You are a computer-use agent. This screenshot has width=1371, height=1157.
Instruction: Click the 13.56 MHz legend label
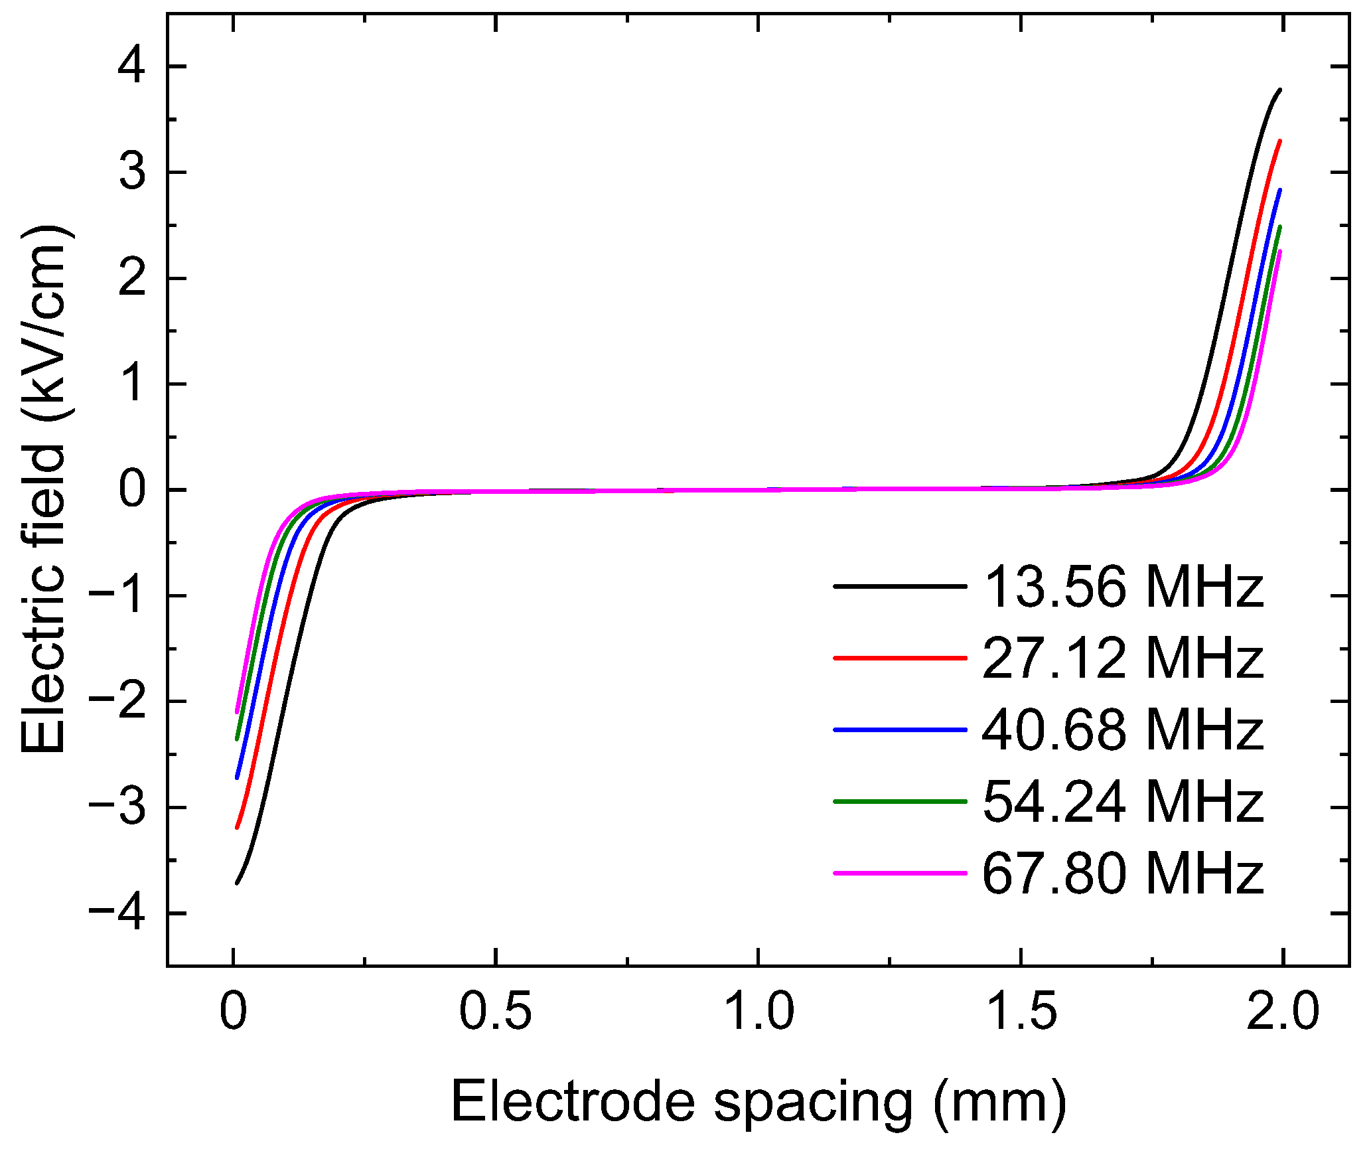point(1123,587)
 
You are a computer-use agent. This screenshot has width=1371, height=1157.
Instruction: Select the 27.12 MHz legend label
point(1123,658)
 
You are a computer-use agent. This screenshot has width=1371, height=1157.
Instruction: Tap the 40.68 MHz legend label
point(1123,730)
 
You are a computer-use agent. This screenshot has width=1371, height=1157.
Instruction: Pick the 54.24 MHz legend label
point(1123,802)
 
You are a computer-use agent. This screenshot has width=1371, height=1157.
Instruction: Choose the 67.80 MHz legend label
point(1123,874)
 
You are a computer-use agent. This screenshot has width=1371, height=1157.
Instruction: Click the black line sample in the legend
point(899,586)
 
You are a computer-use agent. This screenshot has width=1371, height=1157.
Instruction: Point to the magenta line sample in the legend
point(899,873)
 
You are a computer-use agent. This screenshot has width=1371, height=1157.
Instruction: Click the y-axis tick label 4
point(131,67)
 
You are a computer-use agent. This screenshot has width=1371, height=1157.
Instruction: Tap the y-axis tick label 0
point(131,491)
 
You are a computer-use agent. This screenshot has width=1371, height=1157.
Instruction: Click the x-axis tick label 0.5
point(495,1012)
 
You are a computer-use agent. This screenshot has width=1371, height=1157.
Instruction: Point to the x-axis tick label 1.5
point(1021,1012)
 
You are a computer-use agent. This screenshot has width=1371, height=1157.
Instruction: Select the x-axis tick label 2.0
point(1282,1012)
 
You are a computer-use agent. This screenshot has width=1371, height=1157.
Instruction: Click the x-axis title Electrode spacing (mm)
point(758,1103)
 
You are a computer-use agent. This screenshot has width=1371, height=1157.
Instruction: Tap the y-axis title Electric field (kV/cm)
point(44,490)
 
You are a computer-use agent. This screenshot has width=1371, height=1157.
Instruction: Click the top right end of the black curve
point(1280,89)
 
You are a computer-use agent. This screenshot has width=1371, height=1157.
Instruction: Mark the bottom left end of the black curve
point(236,884)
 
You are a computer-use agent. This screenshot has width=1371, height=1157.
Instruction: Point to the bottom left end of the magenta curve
point(236,713)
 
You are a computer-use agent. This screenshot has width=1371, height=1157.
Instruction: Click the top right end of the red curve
point(1280,141)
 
